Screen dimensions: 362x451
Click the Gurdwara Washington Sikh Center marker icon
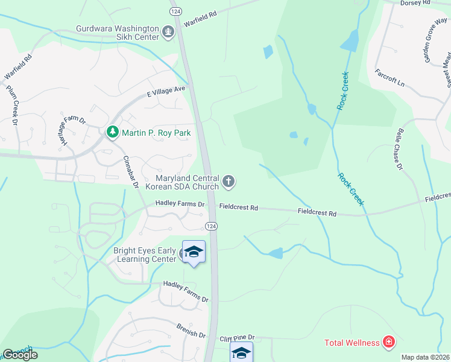click(169, 31)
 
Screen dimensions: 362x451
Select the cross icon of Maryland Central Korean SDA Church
click(229, 180)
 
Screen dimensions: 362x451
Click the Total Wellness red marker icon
click(389, 343)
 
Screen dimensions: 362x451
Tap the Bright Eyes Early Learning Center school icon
click(194, 252)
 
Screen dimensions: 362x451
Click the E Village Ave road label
click(166, 92)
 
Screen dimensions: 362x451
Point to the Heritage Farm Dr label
click(72, 128)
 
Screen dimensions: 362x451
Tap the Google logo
click(20, 355)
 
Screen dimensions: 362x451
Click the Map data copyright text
click(426, 357)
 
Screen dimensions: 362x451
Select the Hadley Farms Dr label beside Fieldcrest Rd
click(180, 205)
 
